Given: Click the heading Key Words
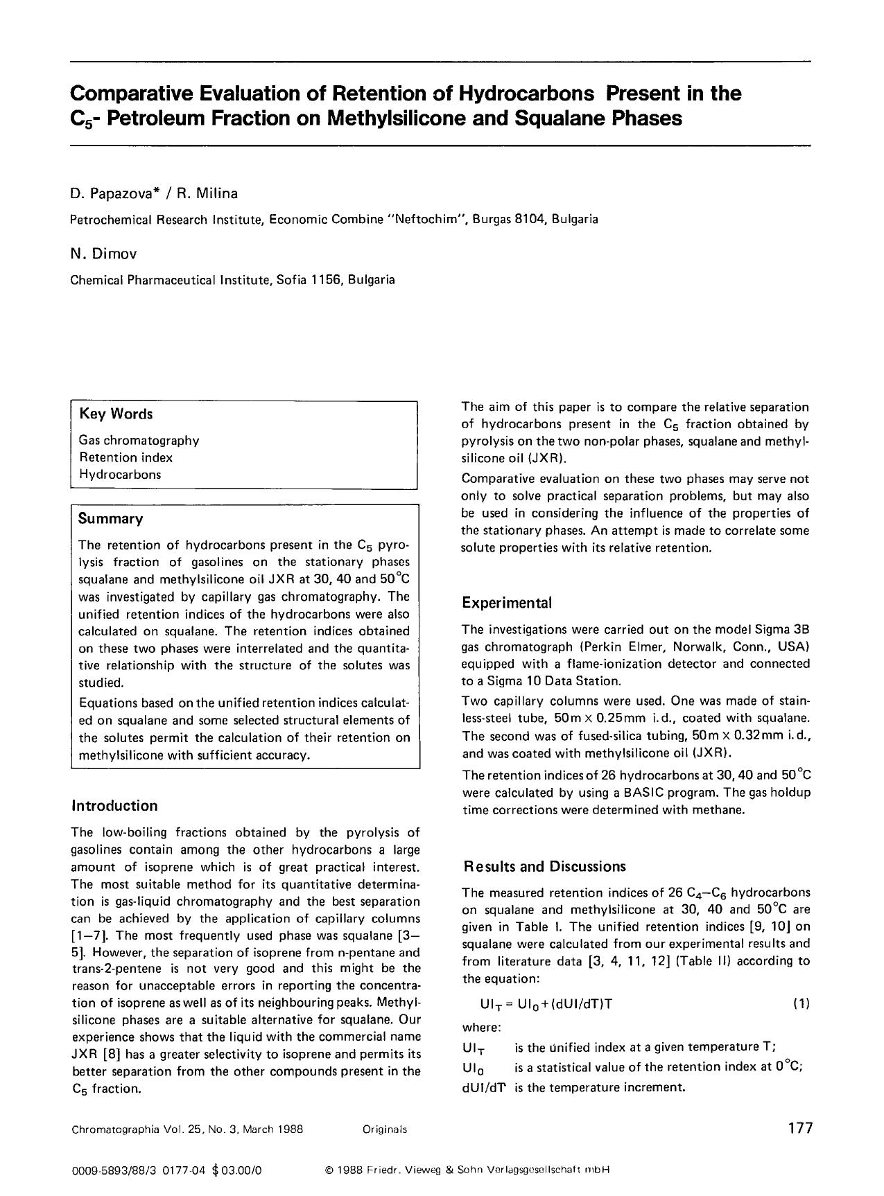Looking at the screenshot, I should [x=116, y=414].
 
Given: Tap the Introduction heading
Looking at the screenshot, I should [x=114, y=805].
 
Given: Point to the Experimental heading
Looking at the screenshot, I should [x=507, y=602].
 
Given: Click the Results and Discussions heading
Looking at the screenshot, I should [x=544, y=866].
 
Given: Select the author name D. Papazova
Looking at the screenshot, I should [x=113, y=193].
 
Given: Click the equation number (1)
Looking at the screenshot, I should [x=801, y=1003].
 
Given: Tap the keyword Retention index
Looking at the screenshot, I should [x=125, y=457].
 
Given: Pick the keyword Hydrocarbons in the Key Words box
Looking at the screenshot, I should [x=120, y=475].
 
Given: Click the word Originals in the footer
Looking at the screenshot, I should [x=384, y=1129].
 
